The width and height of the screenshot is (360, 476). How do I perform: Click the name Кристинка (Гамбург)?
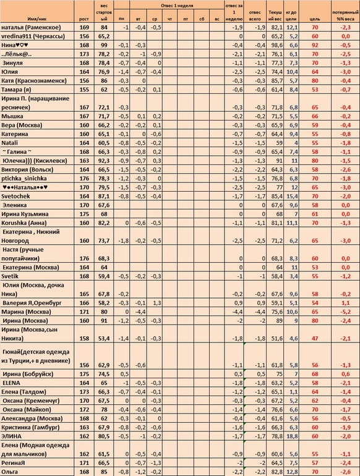(x=32, y=427)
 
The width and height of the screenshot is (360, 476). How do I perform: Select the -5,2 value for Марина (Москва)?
(x=345, y=312)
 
